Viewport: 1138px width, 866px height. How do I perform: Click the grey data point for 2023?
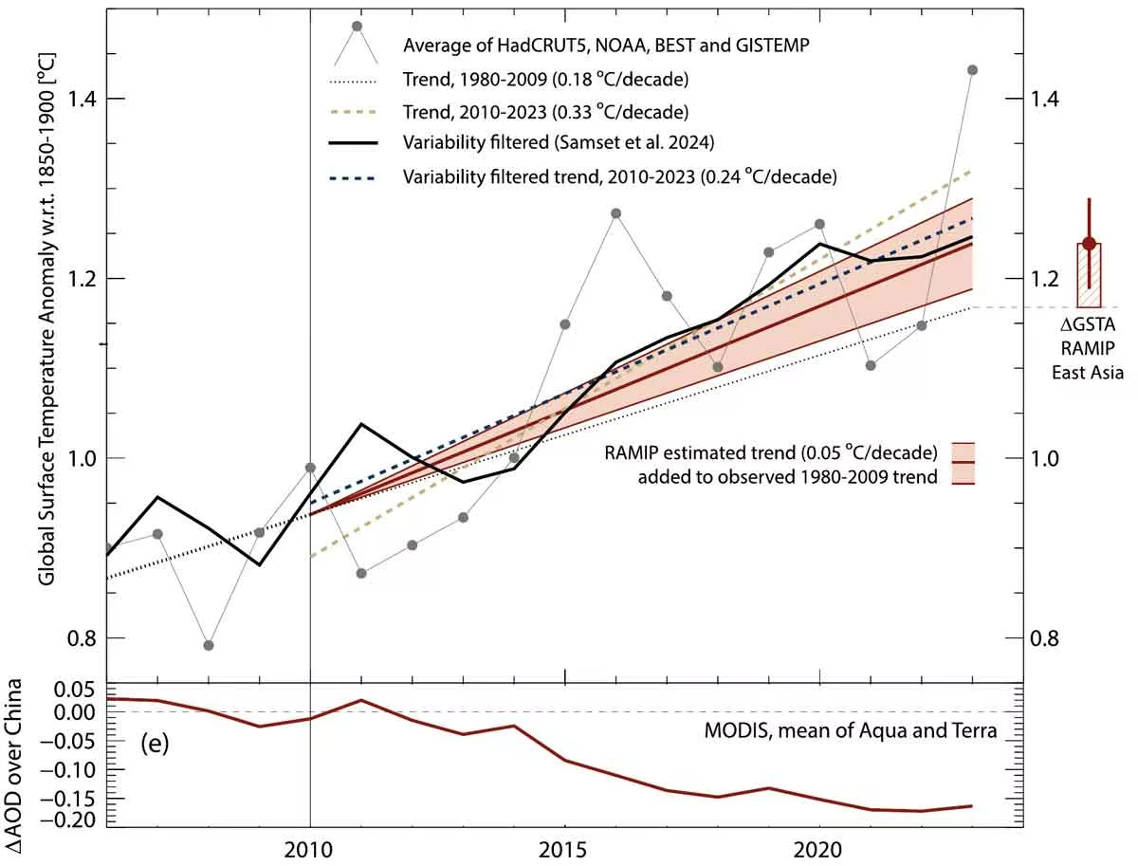click(x=972, y=70)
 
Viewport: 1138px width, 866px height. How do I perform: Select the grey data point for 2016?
click(x=615, y=213)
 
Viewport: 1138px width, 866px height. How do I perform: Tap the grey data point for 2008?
click(x=209, y=645)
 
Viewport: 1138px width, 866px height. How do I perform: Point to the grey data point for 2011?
click(x=361, y=573)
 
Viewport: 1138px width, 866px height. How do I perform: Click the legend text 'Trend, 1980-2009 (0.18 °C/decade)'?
click(x=545, y=78)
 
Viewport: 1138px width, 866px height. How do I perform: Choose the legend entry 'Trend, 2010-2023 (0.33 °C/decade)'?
click(x=545, y=111)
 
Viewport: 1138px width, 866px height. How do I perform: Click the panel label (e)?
click(x=154, y=744)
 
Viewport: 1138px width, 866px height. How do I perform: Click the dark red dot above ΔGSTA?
click(x=1089, y=244)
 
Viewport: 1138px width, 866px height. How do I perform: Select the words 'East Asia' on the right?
click(x=1087, y=373)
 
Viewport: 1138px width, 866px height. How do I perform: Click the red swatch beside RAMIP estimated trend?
click(x=964, y=463)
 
